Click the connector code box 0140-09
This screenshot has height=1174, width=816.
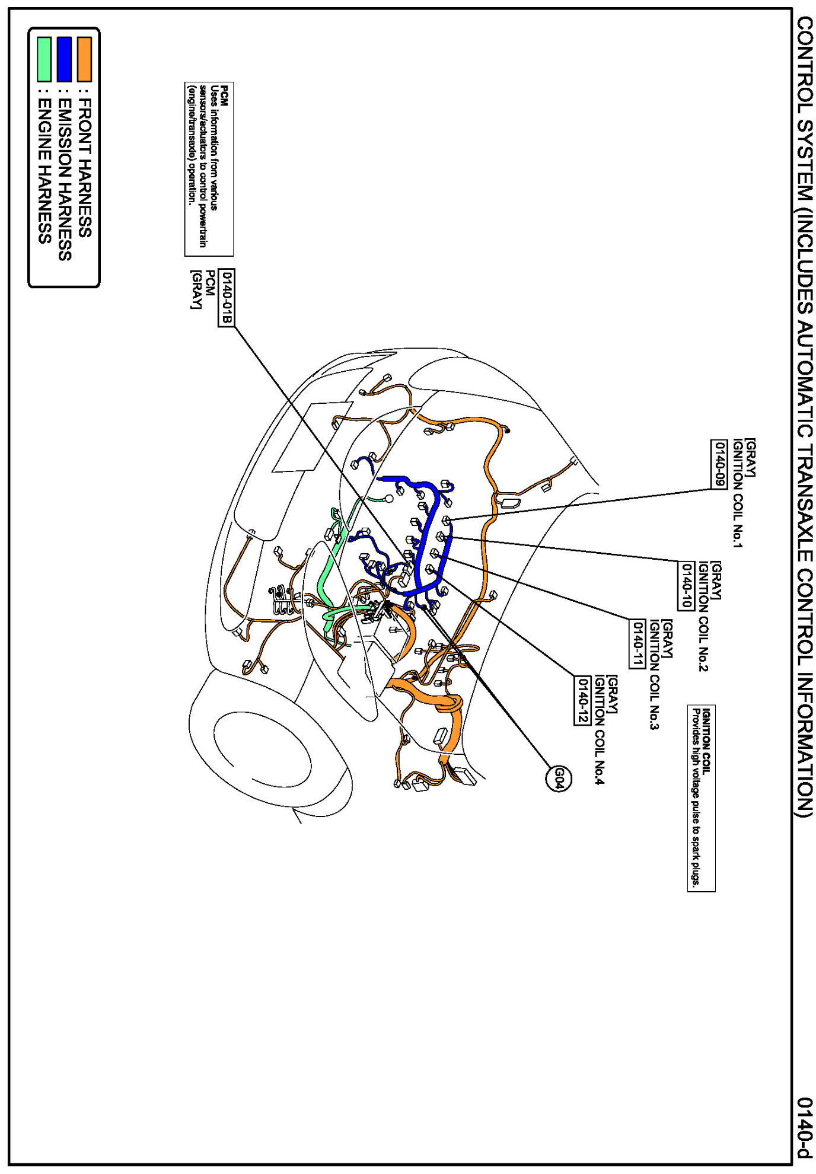coord(719,464)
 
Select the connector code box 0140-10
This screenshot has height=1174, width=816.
coord(686,585)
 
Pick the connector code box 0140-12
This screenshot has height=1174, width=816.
coord(582,700)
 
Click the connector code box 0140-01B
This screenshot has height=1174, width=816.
coord(227,297)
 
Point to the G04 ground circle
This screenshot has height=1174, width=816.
coord(558,779)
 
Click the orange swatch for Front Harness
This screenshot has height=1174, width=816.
coord(84,59)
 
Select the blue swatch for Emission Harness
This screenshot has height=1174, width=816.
coord(64,59)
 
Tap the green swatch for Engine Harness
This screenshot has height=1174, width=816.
coord(44,59)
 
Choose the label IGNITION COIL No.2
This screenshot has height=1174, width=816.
coord(703,617)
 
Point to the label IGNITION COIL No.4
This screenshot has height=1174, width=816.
coord(600,729)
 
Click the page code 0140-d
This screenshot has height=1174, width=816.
coord(804,1127)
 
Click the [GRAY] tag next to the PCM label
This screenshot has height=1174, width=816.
coord(195,289)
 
